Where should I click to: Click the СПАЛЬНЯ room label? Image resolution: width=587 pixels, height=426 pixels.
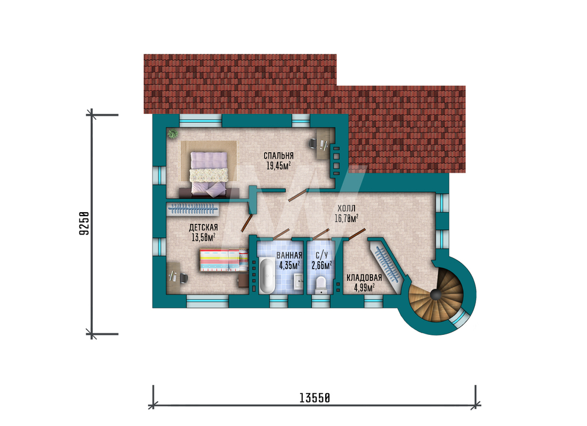[x=278, y=156]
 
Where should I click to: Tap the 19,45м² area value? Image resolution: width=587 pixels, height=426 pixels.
[x=278, y=166]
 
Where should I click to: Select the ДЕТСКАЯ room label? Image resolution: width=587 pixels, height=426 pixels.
[x=203, y=227]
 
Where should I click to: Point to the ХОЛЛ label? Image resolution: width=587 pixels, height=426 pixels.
[x=346, y=209]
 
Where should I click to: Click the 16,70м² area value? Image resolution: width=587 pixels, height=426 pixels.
[x=346, y=218]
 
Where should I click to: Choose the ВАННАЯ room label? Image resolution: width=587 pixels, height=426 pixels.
[x=289, y=256]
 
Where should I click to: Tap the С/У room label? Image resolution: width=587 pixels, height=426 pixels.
[x=322, y=256]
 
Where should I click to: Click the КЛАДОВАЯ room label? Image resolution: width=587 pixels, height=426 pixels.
[x=364, y=278]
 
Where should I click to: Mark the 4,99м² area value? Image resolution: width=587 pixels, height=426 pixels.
[x=365, y=288]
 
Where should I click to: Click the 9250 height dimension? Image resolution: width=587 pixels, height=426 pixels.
[x=84, y=223]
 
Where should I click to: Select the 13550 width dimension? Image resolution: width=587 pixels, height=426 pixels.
[x=315, y=398]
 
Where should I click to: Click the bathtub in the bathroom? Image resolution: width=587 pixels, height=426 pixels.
[x=267, y=276]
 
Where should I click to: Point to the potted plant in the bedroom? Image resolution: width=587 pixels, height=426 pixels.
[x=173, y=133]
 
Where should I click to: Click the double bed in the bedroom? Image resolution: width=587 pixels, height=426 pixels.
[x=208, y=175]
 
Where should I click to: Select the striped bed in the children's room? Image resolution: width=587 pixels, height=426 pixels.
[x=224, y=260]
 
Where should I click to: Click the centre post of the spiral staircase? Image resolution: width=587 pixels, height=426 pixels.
[x=436, y=295]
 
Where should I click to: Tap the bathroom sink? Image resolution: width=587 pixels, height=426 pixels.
[x=299, y=281]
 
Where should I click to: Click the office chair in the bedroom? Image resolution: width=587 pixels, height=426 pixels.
[x=312, y=143]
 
